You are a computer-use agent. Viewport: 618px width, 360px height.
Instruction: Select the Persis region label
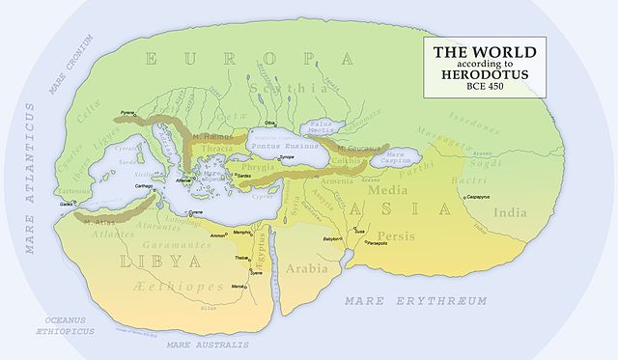[397, 236]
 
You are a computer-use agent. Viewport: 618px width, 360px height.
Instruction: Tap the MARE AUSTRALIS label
[207, 344]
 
